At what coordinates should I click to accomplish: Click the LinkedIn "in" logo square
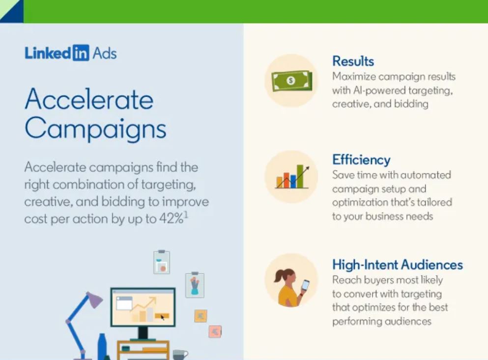tap(81, 53)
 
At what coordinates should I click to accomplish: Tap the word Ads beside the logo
tap(105, 53)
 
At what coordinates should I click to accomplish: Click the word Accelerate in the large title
tap(89, 99)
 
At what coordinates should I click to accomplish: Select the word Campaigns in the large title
tap(95, 129)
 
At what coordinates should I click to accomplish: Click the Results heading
tap(353, 61)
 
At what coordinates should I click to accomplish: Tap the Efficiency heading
tap(361, 160)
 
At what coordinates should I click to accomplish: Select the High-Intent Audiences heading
tap(398, 265)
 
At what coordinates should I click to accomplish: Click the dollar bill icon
tap(291, 81)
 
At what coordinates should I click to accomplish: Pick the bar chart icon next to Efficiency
tap(292, 177)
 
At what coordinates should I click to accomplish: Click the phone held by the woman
tap(305, 285)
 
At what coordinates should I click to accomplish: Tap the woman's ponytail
tap(279, 276)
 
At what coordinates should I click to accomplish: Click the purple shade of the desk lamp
tap(94, 300)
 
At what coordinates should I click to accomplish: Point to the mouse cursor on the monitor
tap(162, 317)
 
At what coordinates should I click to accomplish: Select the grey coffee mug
tap(180, 355)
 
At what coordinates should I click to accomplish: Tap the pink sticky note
tap(215, 332)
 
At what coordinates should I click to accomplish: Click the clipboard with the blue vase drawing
tap(195, 285)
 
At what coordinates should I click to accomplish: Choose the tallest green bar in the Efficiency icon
tap(300, 176)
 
